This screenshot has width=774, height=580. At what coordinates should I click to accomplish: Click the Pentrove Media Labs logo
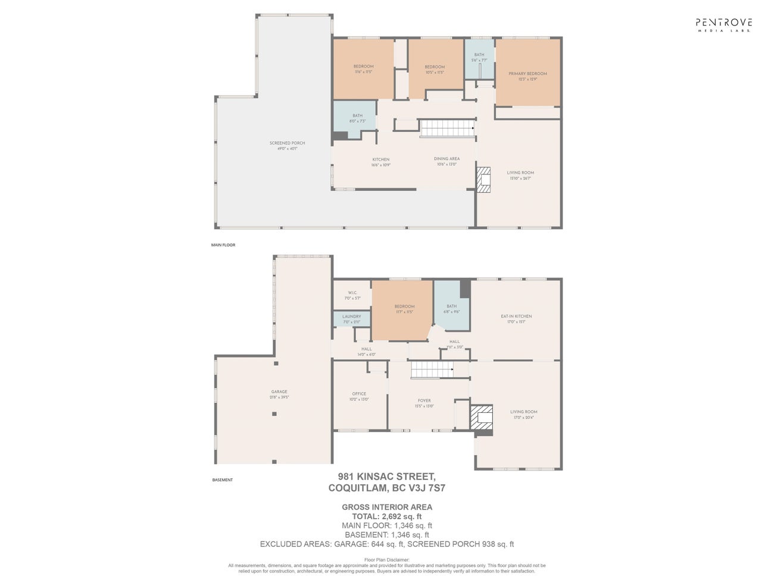(723, 24)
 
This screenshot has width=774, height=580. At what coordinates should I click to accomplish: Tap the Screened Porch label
(283, 145)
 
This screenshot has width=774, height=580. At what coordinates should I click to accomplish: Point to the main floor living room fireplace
(483, 179)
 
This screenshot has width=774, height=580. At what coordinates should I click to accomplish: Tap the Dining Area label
(447, 161)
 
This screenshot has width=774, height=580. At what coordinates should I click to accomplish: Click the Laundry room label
(351, 319)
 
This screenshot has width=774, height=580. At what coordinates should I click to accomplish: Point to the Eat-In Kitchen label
(516, 319)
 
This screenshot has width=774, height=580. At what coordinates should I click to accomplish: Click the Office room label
(358, 396)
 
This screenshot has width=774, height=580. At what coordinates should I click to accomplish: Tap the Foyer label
(424, 403)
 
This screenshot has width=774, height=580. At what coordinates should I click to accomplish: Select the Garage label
(279, 394)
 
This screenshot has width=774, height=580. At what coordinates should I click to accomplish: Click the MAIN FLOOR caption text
(223, 245)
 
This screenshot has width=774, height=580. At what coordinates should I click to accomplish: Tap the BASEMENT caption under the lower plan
(222, 480)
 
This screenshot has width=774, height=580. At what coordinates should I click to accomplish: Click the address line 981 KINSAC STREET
(386, 476)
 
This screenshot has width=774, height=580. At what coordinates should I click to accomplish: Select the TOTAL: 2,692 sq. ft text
(386, 516)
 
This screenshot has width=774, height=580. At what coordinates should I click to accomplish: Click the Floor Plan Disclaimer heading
(386, 560)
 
